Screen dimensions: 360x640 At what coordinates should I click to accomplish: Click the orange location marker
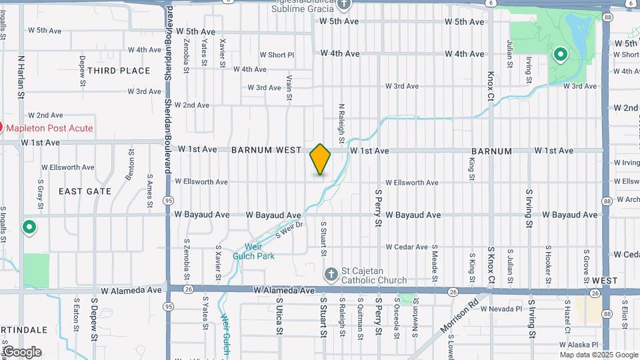point(321,159)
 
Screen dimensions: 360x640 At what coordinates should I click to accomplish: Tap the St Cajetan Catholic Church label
point(373,275)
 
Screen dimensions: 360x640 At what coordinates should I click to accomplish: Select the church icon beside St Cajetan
point(331,275)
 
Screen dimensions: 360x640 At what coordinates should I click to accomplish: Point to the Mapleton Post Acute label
point(50,128)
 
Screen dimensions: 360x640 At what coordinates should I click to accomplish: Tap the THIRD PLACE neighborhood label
point(119,71)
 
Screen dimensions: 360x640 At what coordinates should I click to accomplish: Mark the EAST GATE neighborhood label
point(85,191)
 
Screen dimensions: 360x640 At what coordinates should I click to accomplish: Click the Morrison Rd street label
point(459,320)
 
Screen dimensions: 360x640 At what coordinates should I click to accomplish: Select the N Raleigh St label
point(341,123)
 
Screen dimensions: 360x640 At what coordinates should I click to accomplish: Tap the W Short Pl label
point(277,55)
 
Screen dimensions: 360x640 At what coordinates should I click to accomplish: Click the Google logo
point(21,351)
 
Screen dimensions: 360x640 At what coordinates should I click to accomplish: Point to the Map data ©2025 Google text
point(599,354)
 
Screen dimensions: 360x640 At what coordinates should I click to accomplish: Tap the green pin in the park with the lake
point(561,54)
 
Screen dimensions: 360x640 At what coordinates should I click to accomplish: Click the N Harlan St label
point(21,77)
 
